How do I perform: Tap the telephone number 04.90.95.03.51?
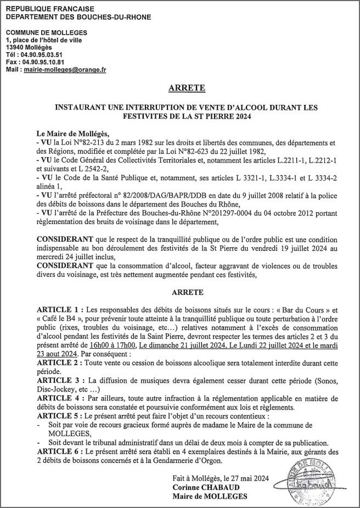click(42, 55)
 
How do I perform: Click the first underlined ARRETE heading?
click(187, 88)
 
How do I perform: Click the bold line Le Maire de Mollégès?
click(73, 133)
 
